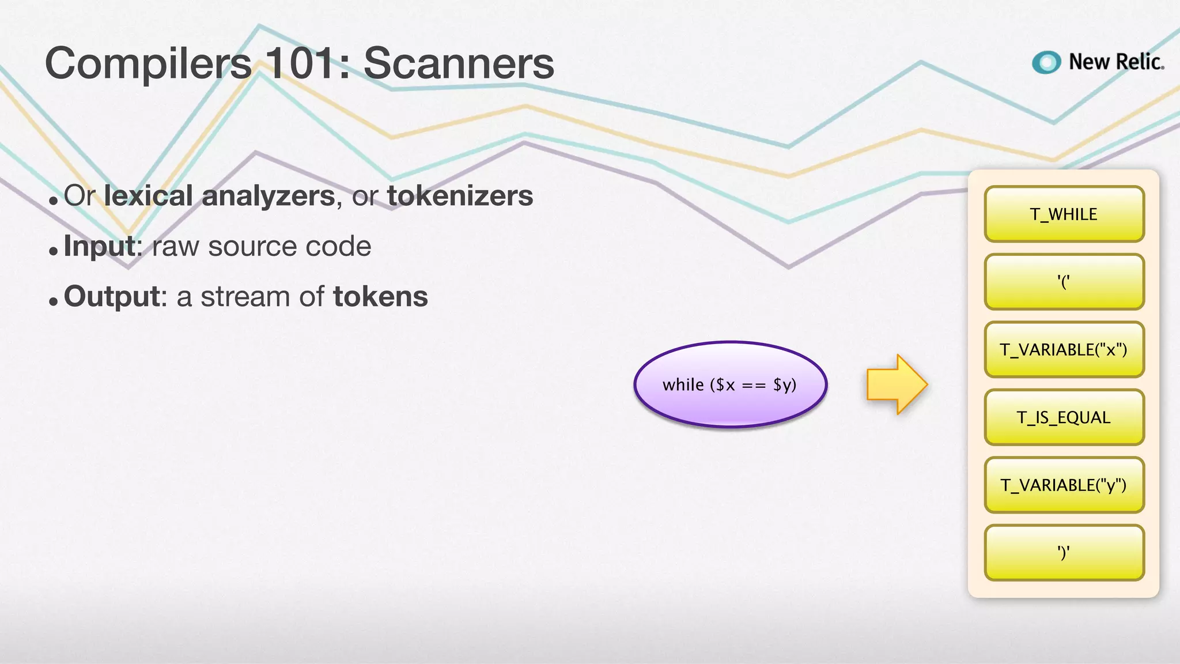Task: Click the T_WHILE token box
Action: (x=1064, y=214)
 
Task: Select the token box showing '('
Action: (x=1064, y=282)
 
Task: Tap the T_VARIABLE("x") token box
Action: (x=1064, y=349)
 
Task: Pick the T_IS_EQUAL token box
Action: (x=1064, y=417)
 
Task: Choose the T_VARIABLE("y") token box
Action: (x=1064, y=485)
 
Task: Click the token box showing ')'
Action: (x=1064, y=552)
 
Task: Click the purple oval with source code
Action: (x=730, y=384)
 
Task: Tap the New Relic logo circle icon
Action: (x=1046, y=62)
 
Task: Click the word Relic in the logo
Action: (x=1139, y=62)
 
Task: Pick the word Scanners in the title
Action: (x=459, y=63)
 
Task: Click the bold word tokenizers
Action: (x=460, y=195)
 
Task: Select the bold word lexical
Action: (x=148, y=195)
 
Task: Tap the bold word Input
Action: (x=100, y=247)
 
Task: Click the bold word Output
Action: (x=112, y=297)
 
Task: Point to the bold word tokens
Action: (x=380, y=297)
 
